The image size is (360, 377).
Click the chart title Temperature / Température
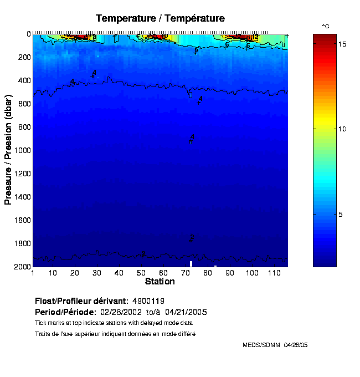click(x=160, y=18)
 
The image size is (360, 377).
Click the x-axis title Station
click(x=160, y=282)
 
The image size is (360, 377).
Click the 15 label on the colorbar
click(x=343, y=44)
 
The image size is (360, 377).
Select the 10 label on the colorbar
click(x=343, y=129)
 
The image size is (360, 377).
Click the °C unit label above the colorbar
click(x=326, y=26)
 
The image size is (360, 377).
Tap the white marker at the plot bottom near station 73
click(x=191, y=264)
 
